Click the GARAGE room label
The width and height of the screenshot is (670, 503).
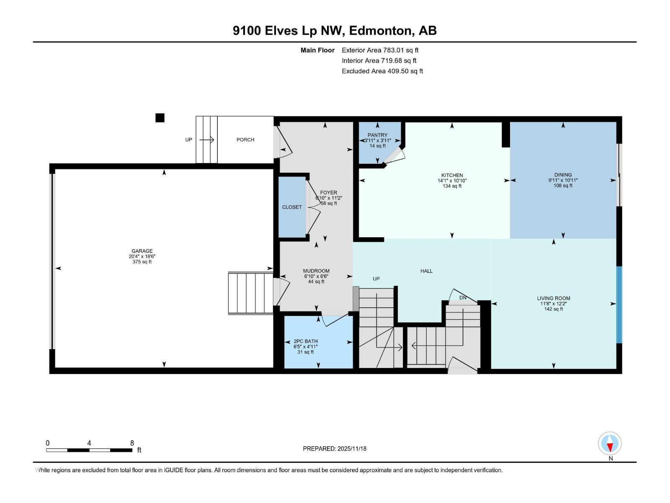(142, 251)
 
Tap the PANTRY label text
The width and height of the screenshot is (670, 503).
(377, 135)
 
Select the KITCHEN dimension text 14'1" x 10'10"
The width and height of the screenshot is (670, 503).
(452, 181)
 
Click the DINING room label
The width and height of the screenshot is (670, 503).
(563, 175)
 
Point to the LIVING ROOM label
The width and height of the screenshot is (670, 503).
(553, 298)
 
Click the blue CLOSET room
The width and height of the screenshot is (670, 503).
(292, 207)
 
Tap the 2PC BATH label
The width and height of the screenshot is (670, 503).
(305, 341)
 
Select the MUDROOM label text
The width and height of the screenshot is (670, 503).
(316, 271)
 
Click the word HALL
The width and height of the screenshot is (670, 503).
(426, 271)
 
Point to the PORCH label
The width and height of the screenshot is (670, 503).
(245, 140)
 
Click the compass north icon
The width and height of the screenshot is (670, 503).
(610, 443)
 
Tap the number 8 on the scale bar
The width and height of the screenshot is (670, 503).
(132, 443)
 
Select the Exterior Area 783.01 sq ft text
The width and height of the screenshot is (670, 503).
(380, 50)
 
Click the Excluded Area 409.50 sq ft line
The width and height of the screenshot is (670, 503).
(382, 71)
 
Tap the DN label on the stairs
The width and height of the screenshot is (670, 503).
(463, 298)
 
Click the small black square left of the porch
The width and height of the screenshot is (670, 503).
(160, 118)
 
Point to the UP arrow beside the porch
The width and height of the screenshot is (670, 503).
(207, 140)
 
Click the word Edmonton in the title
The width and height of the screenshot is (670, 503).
(381, 31)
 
